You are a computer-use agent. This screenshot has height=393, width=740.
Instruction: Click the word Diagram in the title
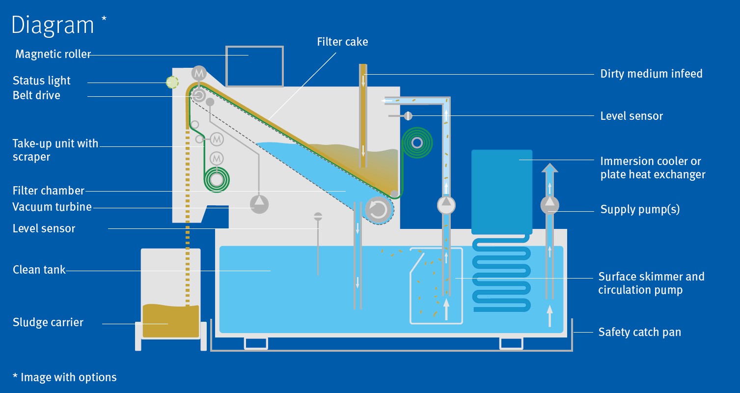pyautogui.click(x=53, y=25)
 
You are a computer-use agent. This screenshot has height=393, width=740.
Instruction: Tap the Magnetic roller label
pyautogui.click(x=53, y=54)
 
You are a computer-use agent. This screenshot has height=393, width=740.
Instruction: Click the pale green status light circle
pyautogui.click(x=172, y=83)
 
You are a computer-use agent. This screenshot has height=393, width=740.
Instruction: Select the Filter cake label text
pyautogui.click(x=342, y=42)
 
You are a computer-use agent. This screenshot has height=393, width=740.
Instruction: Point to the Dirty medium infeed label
pyautogui.click(x=651, y=74)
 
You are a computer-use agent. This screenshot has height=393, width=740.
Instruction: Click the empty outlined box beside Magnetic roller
pyautogui.click(x=254, y=66)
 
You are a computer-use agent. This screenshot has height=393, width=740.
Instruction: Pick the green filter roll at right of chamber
pyautogui.click(x=417, y=143)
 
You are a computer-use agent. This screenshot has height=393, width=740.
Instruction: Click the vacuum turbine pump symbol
pyautogui.click(x=259, y=204)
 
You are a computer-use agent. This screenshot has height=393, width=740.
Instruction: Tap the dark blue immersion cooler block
pyautogui.click(x=501, y=192)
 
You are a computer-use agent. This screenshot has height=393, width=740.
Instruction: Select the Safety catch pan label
pyautogui.click(x=639, y=332)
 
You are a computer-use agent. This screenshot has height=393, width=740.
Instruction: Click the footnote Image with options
pyautogui.click(x=64, y=377)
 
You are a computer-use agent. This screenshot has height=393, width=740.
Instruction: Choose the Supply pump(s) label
pyautogui.click(x=640, y=209)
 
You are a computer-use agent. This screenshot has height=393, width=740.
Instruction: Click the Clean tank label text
pyautogui.click(x=39, y=269)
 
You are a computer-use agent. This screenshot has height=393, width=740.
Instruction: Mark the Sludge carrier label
pyautogui.click(x=48, y=322)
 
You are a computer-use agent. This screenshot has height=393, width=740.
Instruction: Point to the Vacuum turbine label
pyautogui.click(x=52, y=207)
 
